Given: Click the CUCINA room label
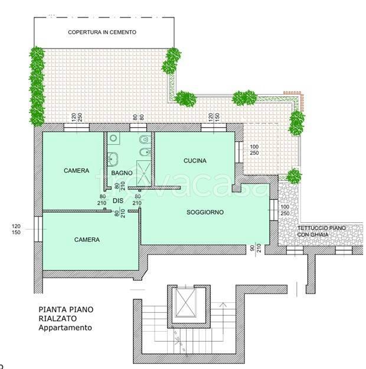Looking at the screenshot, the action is tap(195, 161).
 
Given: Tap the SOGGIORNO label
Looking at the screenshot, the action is tap(205, 212).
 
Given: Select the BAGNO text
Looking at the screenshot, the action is tap(122, 173).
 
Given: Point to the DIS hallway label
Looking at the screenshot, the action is tap(118, 200).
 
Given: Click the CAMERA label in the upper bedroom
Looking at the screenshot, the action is tap(76, 171).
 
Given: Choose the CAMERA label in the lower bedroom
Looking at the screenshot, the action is tap(87, 239).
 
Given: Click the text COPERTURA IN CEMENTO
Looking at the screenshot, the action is tap(102, 33).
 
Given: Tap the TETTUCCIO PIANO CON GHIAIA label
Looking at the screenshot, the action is tap(321, 231).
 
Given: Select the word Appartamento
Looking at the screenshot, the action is tap(65, 328).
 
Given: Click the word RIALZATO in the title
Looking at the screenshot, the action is tap(57, 319).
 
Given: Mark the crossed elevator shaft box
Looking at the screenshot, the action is tap(186, 302).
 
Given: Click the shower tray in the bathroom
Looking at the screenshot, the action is tap(143, 173).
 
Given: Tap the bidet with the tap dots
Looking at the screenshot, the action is tap(144, 153).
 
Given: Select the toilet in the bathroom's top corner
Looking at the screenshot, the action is tap(144, 140).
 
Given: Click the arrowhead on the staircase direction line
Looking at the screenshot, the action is tap(223, 305).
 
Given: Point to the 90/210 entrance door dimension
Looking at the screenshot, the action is tap(256, 248).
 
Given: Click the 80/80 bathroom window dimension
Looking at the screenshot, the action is tap(138, 117).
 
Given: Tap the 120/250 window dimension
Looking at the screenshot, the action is tap(77, 118).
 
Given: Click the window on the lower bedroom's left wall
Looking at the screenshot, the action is tap(38, 229).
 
